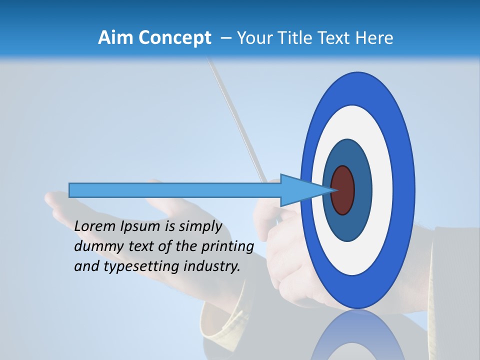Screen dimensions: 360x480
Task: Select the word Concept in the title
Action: [x=175, y=38]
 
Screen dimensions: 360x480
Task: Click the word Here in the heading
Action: [x=375, y=38]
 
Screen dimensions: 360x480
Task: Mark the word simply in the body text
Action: [x=200, y=226]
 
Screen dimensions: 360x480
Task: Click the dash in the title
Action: [x=226, y=38]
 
